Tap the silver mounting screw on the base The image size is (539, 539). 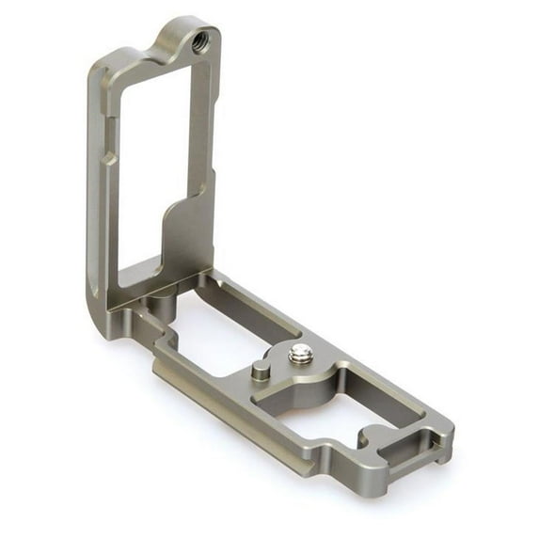300,353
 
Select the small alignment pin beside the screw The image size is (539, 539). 259,372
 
